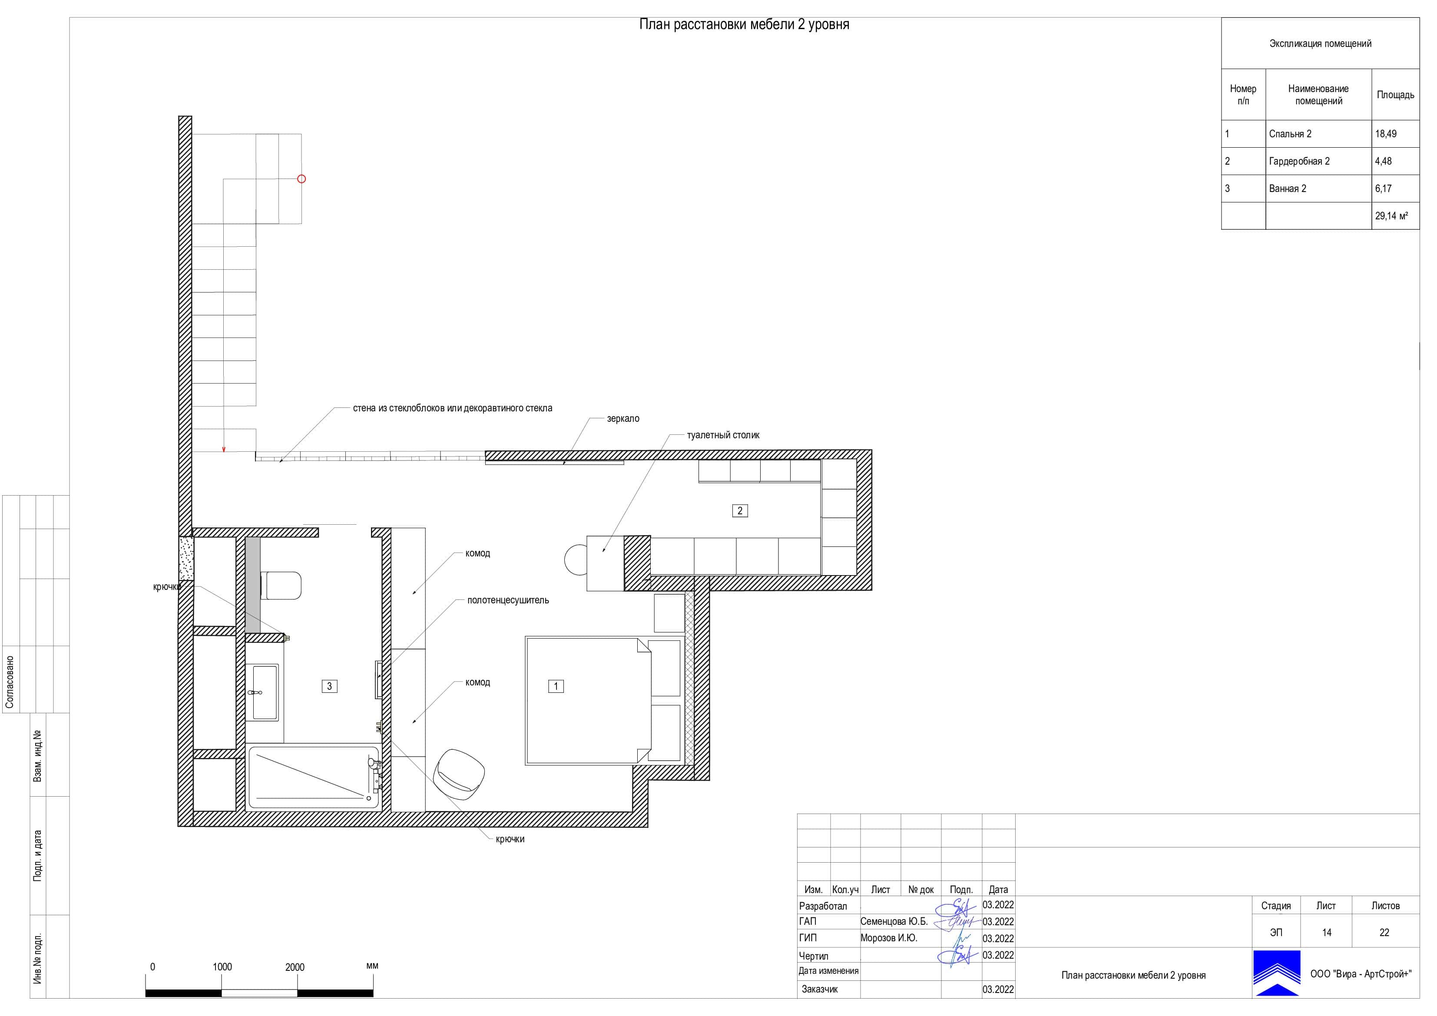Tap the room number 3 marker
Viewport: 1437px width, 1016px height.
pyautogui.click(x=329, y=686)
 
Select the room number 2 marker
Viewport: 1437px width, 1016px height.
pyautogui.click(x=740, y=511)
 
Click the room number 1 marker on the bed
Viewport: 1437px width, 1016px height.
pyautogui.click(x=556, y=686)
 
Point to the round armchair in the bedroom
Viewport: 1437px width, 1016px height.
pyautogui.click(x=460, y=774)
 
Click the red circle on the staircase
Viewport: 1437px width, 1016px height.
pyautogui.click(x=301, y=179)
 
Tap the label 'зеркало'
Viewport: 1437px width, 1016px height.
pyautogui.click(x=623, y=419)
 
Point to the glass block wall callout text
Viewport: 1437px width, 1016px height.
pyautogui.click(x=453, y=408)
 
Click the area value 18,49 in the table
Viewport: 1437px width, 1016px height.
pyautogui.click(x=1386, y=134)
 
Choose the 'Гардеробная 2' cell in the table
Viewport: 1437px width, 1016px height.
pyautogui.click(x=1299, y=162)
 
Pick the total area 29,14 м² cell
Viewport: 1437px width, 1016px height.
pyautogui.click(x=1391, y=216)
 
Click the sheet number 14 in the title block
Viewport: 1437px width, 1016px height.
pyautogui.click(x=1326, y=933)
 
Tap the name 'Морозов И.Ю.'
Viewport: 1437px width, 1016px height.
pyautogui.click(x=889, y=938)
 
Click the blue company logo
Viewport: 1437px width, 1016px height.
pyautogui.click(x=1276, y=973)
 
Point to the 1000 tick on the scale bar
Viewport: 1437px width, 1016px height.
pyautogui.click(x=222, y=967)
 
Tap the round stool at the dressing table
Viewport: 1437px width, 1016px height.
pyautogui.click(x=576, y=559)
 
